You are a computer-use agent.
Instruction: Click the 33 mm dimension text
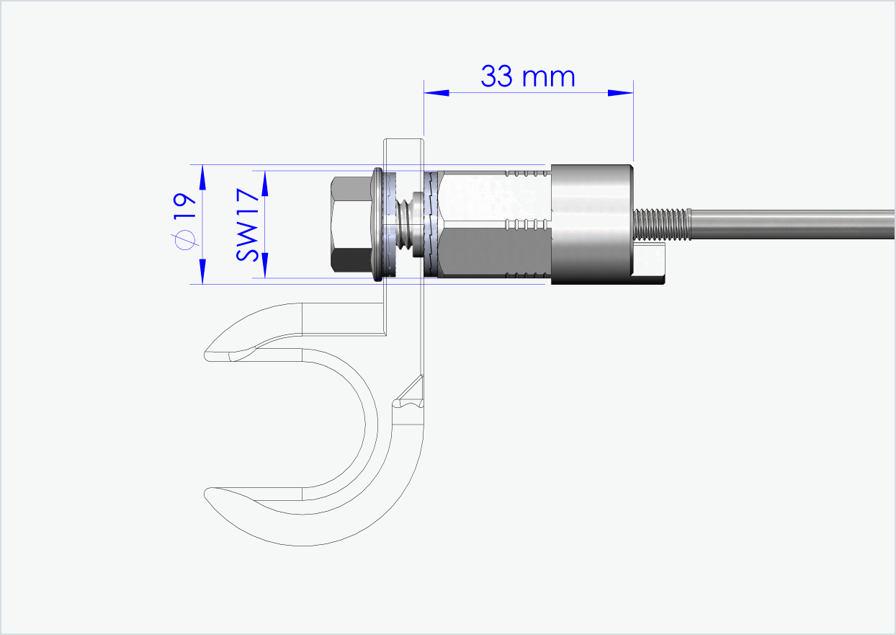pyautogui.click(x=528, y=76)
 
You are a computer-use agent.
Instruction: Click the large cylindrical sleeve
pyautogui.click(x=591, y=224)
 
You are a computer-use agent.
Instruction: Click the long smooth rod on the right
pyautogui.click(x=792, y=224)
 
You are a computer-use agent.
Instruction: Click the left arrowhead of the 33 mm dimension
pyautogui.click(x=436, y=92)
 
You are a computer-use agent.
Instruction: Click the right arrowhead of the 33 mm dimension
pyautogui.click(x=620, y=92)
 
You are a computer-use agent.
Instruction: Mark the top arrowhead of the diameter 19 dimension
pyautogui.click(x=202, y=177)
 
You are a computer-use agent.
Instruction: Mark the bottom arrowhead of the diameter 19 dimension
pyautogui.click(x=202, y=272)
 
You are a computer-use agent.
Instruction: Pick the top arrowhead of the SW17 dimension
pyautogui.click(x=264, y=183)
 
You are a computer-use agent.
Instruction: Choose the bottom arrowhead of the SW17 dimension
pyautogui.click(x=264, y=265)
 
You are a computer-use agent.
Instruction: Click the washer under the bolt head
pyautogui.click(x=377, y=224)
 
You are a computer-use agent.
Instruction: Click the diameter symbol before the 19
pyautogui.click(x=184, y=240)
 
